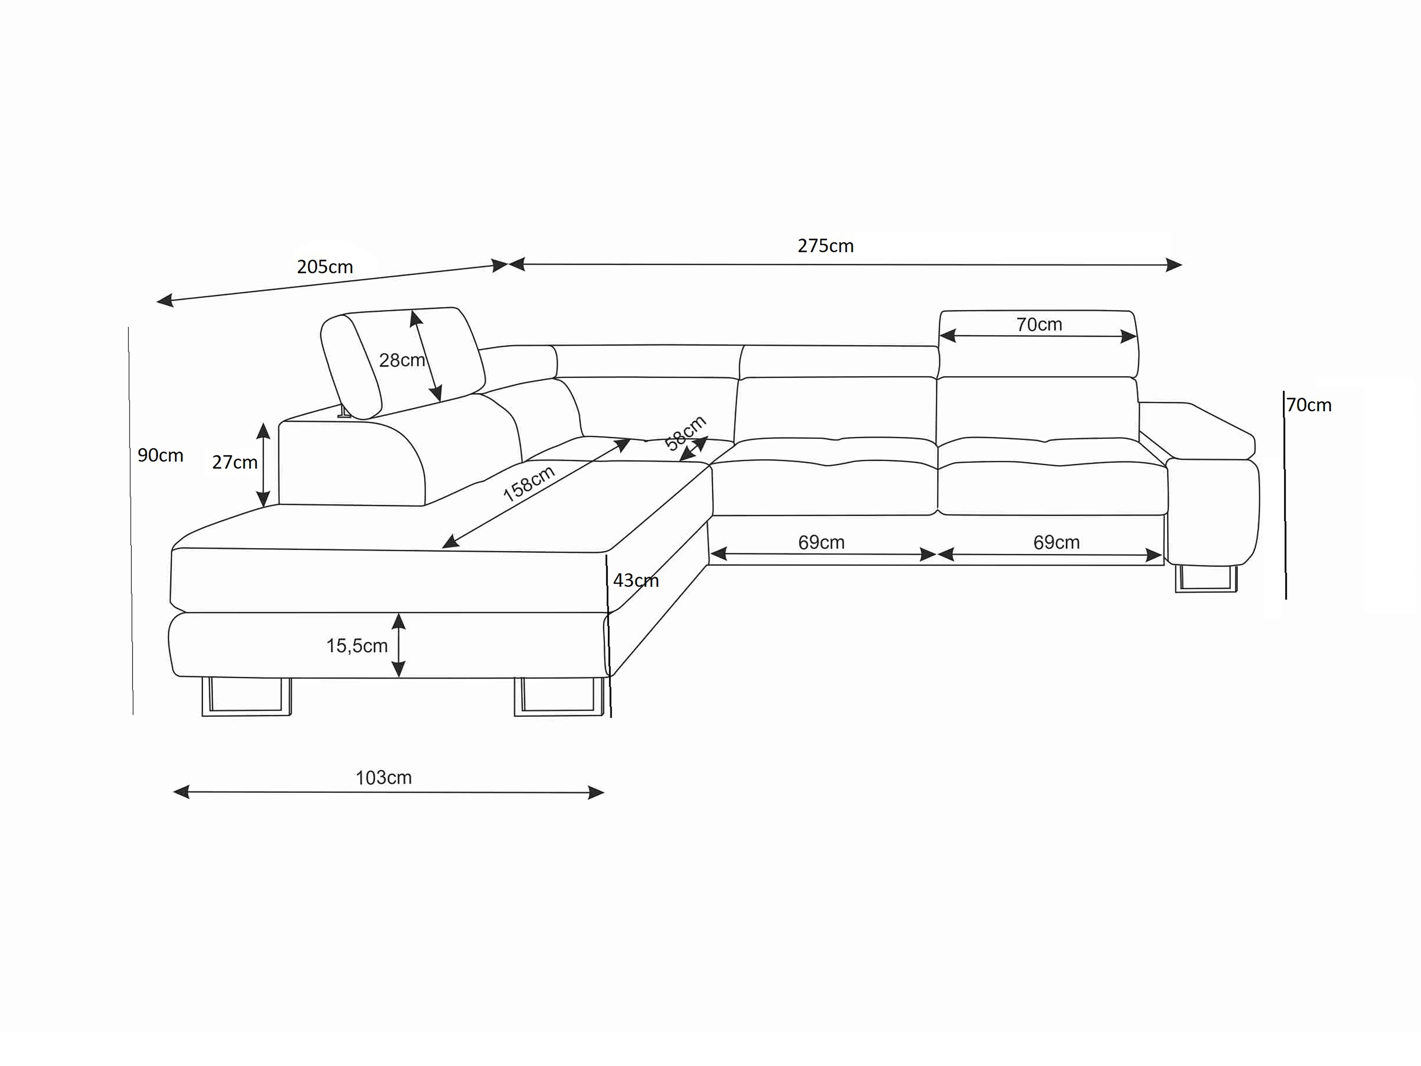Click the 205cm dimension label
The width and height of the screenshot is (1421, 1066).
tap(325, 267)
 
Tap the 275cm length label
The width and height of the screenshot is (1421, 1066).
tap(825, 246)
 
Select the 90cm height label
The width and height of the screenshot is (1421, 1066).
tap(161, 455)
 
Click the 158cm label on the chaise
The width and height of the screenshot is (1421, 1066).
tap(529, 484)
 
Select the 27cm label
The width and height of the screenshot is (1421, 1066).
tap(234, 463)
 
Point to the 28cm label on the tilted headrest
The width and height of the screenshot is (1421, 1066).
tap(402, 361)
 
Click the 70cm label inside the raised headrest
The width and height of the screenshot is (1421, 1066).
tap(1039, 325)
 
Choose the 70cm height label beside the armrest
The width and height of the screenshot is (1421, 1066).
tap(1309, 406)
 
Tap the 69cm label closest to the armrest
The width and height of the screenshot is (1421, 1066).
tap(1056, 542)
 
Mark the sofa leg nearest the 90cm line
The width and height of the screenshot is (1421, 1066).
tap(246, 697)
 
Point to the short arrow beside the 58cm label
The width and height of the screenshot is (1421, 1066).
tap(694, 448)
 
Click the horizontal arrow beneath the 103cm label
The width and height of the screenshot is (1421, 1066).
tap(389, 792)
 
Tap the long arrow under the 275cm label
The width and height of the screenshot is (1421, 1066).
tap(845, 264)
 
